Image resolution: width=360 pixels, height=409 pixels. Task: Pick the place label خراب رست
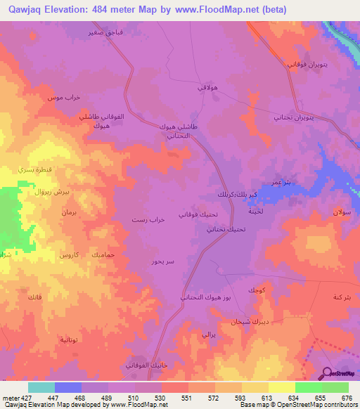tap(148, 220)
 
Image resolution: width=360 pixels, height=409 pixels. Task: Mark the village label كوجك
tap(257, 290)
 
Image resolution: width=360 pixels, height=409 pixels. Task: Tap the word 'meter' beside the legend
tap(10, 397)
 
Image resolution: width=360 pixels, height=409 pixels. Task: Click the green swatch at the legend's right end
tap(335, 387)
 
